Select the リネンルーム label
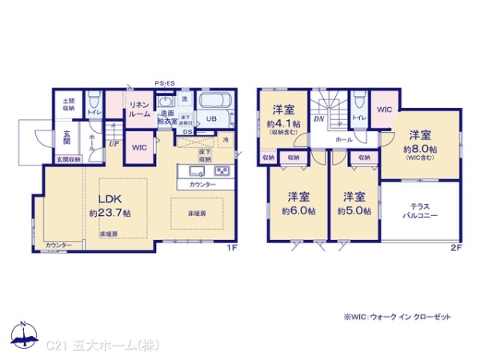pyautogui.click(x=139, y=110)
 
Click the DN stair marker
pyautogui.click(x=318, y=119)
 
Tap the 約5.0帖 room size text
pyautogui.click(x=353, y=210)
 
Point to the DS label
pyautogui.click(x=186, y=132)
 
